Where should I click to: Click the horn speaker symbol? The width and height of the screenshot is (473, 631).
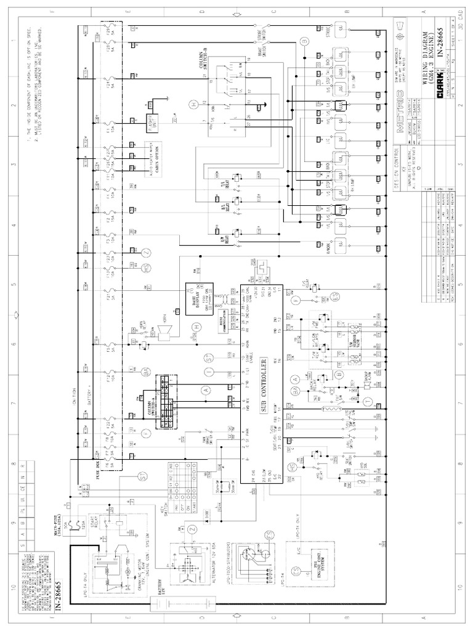tap(164, 333)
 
